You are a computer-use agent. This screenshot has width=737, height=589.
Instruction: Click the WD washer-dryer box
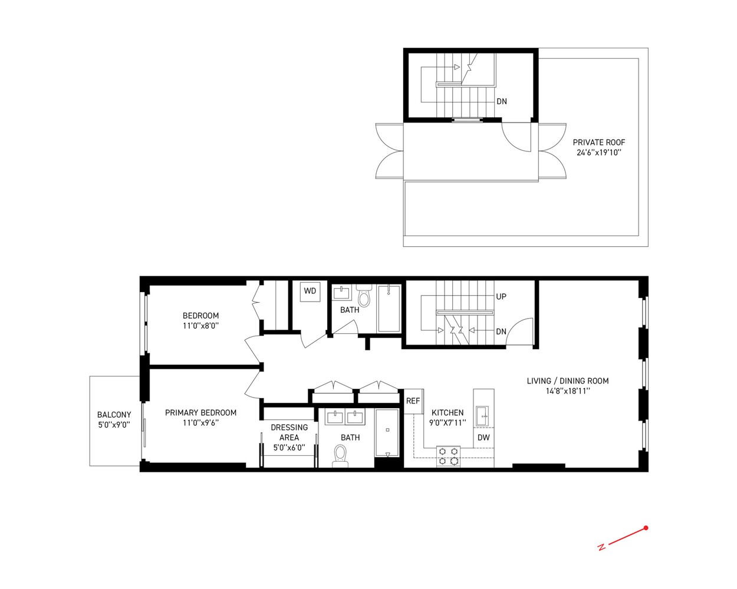click(310, 292)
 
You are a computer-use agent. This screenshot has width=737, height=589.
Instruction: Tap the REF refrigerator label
click(413, 401)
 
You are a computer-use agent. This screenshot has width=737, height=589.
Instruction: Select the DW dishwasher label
click(483, 438)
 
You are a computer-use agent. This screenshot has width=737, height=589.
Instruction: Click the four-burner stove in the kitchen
click(448, 456)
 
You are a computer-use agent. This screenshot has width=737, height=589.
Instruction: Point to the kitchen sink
click(482, 415)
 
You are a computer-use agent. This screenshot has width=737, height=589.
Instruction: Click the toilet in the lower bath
click(341, 455)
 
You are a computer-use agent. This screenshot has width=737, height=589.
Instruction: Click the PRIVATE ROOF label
click(598, 143)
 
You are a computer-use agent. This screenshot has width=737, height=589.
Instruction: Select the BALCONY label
click(114, 415)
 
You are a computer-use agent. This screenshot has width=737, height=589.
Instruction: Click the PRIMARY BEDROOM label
click(200, 413)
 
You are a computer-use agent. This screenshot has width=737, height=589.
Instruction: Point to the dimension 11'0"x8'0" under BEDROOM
click(200, 326)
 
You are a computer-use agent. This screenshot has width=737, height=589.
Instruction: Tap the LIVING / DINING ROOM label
click(567, 381)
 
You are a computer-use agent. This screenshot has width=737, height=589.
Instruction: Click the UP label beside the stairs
click(501, 297)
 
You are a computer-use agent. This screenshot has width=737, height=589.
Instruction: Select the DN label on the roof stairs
click(501, 101)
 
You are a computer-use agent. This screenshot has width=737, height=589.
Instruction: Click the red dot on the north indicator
click(646, 528)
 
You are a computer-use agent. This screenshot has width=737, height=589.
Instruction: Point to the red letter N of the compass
click(601, 547)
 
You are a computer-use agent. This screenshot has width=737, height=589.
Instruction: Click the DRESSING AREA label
click(289, 432)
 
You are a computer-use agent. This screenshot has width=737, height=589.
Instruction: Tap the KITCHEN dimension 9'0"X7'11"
click(448, 422)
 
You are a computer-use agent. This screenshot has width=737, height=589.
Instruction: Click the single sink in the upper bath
click(342, 293)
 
